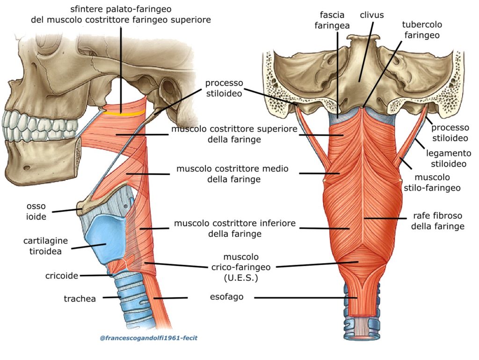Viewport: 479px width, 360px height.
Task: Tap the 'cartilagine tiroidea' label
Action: [x=45, y=246]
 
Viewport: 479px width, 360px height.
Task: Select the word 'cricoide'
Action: [x=62, y=276]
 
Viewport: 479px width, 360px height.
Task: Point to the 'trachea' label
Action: [x=80, y=298]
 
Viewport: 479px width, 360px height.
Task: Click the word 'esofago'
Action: [x=226, y=297]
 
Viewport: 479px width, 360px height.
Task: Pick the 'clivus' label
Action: [x=372, y=15]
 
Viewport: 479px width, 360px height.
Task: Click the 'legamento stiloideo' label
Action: [x=448, y=158]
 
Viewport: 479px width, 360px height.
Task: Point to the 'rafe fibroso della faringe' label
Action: [x=438, y=221]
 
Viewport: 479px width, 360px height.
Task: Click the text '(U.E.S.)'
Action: [x=241, y=278]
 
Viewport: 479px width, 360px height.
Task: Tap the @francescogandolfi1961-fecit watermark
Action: [x=148, y=338]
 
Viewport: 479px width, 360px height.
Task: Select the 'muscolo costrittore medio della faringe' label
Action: [x=232, y=174]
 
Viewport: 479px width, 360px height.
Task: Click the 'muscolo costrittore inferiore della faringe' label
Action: [x=235, y=228]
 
